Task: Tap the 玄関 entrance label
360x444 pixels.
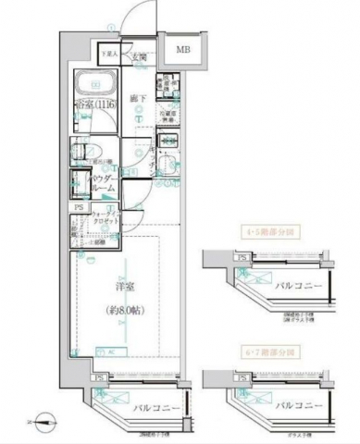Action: coord(139,57)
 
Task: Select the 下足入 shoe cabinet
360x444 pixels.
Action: coord(110,57)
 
